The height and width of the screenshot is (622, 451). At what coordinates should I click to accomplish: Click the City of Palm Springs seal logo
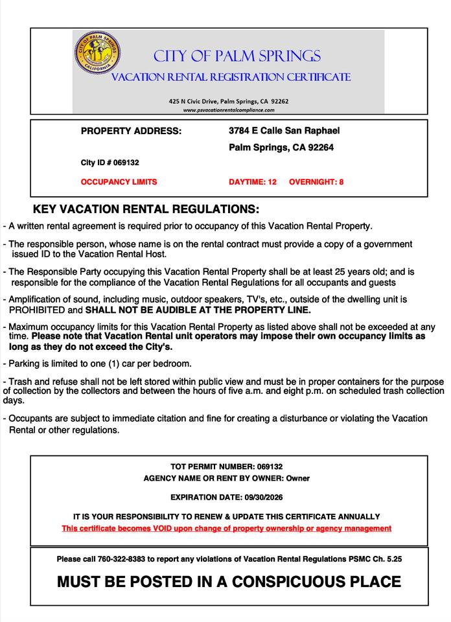pyautogui.click(x=97, y=52)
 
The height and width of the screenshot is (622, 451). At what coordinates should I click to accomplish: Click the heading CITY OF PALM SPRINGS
pyautogui.click(x=236, y=56)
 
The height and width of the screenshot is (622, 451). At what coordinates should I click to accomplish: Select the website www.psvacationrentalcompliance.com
pyautogui.click(x=227, y=110)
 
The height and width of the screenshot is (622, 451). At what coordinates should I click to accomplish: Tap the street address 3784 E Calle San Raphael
pyautogui.click(x=284, y=131)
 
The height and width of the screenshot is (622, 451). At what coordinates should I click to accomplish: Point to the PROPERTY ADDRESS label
pyautogui.click(x=131, y=131)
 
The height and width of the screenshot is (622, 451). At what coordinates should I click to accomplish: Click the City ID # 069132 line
pyautogui.click(x=110, y=163)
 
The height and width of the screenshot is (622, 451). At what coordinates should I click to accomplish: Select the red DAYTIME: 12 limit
pyautogui.click(x=253, y=182)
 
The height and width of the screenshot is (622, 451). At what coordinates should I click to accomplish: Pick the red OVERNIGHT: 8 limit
pyautogui.click(x=316, y=182)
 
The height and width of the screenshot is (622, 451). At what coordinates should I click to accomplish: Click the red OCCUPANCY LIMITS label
pyautogui.click(x=119, y=182)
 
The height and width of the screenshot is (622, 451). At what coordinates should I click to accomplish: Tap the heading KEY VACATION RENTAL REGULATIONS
pyautogui.click(x=146, y=210)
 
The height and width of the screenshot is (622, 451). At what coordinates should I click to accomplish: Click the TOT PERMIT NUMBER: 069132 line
pyautogui.click(x=226, y=466)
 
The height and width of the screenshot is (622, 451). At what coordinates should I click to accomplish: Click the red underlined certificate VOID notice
pyautogui.click(x=226, y=528)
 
